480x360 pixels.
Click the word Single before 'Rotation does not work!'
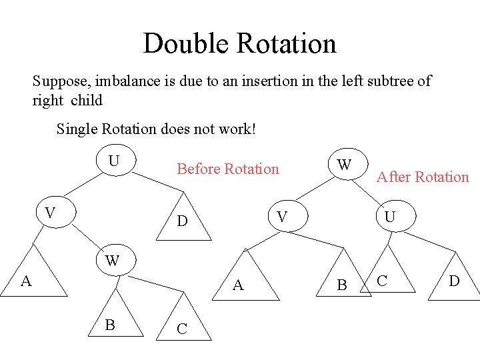(77, 128)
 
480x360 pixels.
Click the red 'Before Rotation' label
(228, 169)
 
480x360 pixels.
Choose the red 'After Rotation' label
(423, 177)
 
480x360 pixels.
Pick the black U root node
(115, 161)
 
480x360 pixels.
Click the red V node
(282, 217)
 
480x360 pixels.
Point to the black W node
(112, 260)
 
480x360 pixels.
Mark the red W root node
(344, 165)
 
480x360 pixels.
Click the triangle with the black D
(182, 221)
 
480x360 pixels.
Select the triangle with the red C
(383, 280)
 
